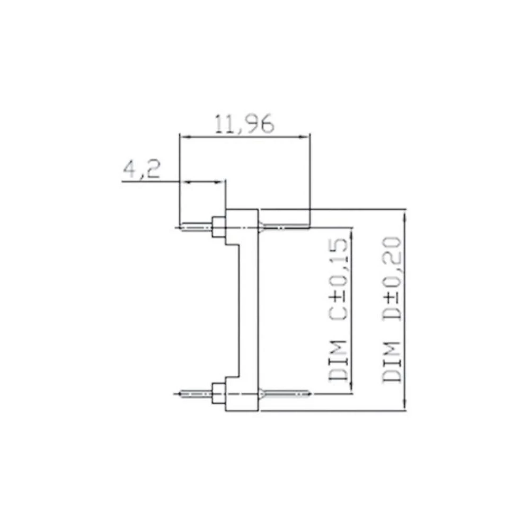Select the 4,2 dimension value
142,170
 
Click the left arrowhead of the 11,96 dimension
184,137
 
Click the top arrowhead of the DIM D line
405,213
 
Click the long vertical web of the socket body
248,310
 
